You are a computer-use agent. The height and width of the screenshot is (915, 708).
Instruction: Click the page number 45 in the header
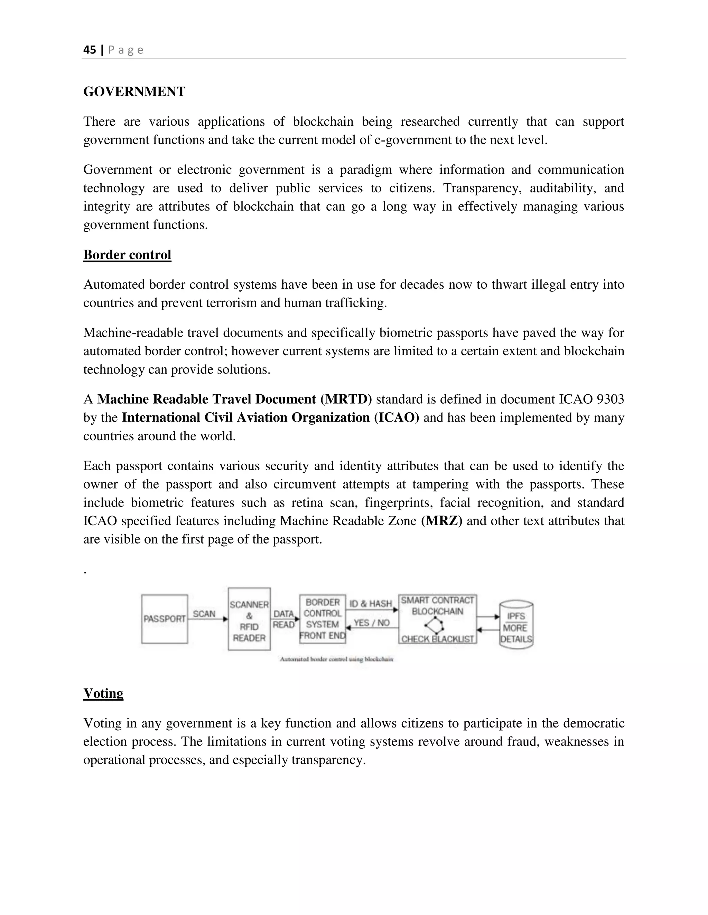tap(89, 50)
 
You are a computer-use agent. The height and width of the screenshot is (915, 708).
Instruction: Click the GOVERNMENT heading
tap(134, 92)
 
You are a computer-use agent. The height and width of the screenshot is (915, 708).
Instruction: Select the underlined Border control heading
tap(127, 255)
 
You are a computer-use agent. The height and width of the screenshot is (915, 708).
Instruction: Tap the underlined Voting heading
tap(103, 693)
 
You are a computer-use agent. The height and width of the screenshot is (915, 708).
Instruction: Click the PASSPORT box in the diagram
tap(165, 619)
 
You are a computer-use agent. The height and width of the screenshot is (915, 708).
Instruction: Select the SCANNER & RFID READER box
tap(249, 619)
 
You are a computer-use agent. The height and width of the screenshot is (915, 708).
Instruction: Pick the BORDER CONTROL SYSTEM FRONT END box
tap(323, 619)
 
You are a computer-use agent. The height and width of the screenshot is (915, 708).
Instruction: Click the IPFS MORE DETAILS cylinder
tap(516, 626)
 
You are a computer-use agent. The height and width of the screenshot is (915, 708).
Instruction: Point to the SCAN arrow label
tap(204, 614)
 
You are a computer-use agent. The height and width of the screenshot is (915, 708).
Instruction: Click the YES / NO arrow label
tap(372, 623)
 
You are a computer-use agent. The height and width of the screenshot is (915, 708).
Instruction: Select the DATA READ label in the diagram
tap(284, 619)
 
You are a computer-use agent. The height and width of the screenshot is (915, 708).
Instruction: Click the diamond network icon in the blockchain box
tap(435, 625)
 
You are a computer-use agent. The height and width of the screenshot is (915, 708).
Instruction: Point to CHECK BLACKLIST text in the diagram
tap(437, 639)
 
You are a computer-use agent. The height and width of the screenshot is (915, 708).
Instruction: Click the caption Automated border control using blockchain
tap(336, 659)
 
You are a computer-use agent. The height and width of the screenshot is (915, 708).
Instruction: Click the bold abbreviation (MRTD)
tap(346, 399)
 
